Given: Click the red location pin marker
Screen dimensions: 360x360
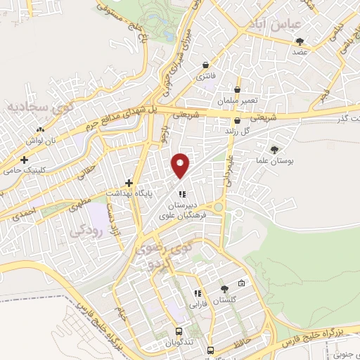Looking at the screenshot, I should click(181, 165).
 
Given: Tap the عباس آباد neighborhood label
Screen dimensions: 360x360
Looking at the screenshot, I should click(264, 25).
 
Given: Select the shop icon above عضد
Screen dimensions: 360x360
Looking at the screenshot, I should click(300, 41).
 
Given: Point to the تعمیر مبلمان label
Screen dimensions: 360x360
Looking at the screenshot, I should click(238, 101).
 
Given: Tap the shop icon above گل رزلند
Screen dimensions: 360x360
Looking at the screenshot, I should click(238, 120).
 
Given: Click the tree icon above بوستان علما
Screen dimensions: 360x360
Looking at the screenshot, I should click(274, 149).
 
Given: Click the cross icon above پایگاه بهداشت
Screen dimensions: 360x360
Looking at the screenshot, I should click(129, 182).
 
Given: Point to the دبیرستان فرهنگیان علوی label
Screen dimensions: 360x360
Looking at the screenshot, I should click(182, 207).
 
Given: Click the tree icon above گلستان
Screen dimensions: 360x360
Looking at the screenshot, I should click(224, 288).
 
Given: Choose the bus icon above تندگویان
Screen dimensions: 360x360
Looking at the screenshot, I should click(179, 330).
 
